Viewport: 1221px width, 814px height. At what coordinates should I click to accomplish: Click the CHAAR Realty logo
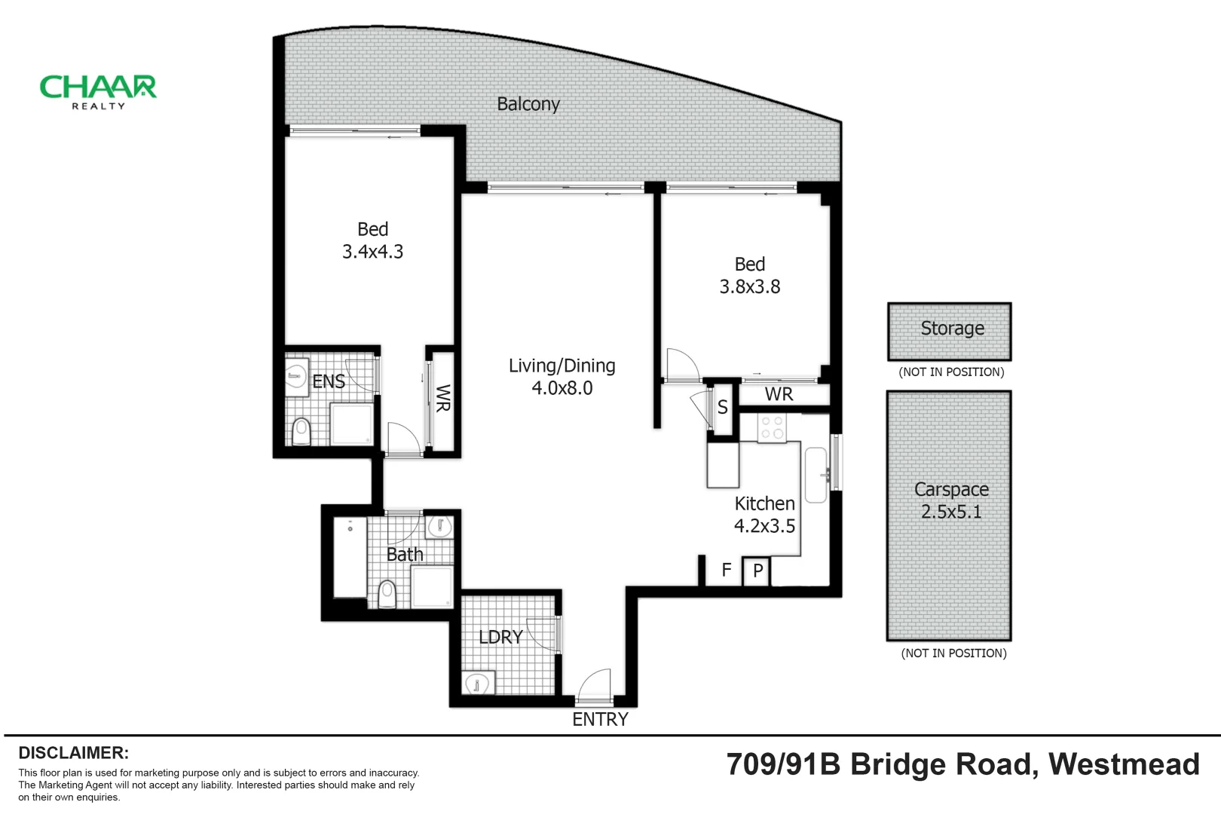(98, 92)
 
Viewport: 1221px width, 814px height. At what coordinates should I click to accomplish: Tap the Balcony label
(528, 103)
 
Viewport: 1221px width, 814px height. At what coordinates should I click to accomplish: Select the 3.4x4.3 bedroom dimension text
(372, 251)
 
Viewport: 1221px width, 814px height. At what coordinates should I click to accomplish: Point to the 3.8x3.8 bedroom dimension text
(749, 286)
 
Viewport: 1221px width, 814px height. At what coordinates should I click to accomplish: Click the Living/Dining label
(562, 366)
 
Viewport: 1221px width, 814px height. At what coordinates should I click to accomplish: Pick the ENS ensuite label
(328, 381)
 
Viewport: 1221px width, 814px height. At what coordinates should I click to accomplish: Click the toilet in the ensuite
(301, 432)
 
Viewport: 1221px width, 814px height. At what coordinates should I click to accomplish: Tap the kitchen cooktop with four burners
(772, 427)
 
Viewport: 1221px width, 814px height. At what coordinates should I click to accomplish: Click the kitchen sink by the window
(816, 474)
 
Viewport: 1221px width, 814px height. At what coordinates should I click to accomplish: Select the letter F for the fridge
(726, 570)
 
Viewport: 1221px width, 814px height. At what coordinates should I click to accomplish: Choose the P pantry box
(757, 571)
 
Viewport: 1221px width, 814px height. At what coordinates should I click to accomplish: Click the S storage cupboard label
(722, 407)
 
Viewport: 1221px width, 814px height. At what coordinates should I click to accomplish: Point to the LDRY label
(500, 637)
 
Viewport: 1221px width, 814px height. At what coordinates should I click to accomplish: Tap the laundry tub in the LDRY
(479, 683)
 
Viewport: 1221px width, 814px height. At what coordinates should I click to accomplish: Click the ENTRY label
(600, 719)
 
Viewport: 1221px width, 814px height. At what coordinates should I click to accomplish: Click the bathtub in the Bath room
(350, 557)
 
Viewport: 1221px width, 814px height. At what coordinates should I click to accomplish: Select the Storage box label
(952, 328)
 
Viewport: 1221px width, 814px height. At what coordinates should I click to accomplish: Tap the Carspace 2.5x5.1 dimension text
(951, 512)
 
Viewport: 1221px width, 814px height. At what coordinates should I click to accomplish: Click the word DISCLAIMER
(74, 752)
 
